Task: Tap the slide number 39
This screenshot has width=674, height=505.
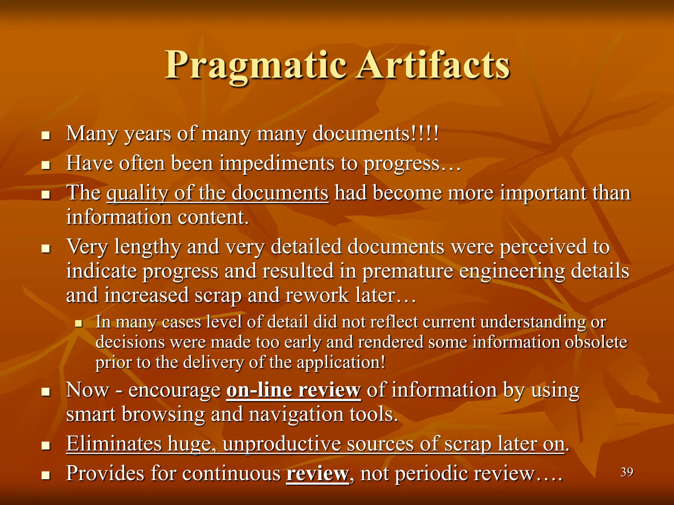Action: click(x=627, y=472)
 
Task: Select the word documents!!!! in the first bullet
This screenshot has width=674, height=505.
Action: click(x=376, y=134)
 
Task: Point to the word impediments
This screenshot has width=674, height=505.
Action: click(x=276, y=163)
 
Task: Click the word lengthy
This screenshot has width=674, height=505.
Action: click(x=147, y=247)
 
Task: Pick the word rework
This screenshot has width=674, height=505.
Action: click(x=317, y=295)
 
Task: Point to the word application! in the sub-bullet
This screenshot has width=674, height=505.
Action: click(x=341, y=362)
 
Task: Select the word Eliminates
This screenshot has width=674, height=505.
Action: click(x=114, y=444)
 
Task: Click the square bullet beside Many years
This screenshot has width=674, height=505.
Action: click(x=46, y=135)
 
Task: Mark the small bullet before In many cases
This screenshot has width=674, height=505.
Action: click(x=78, y=324)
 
